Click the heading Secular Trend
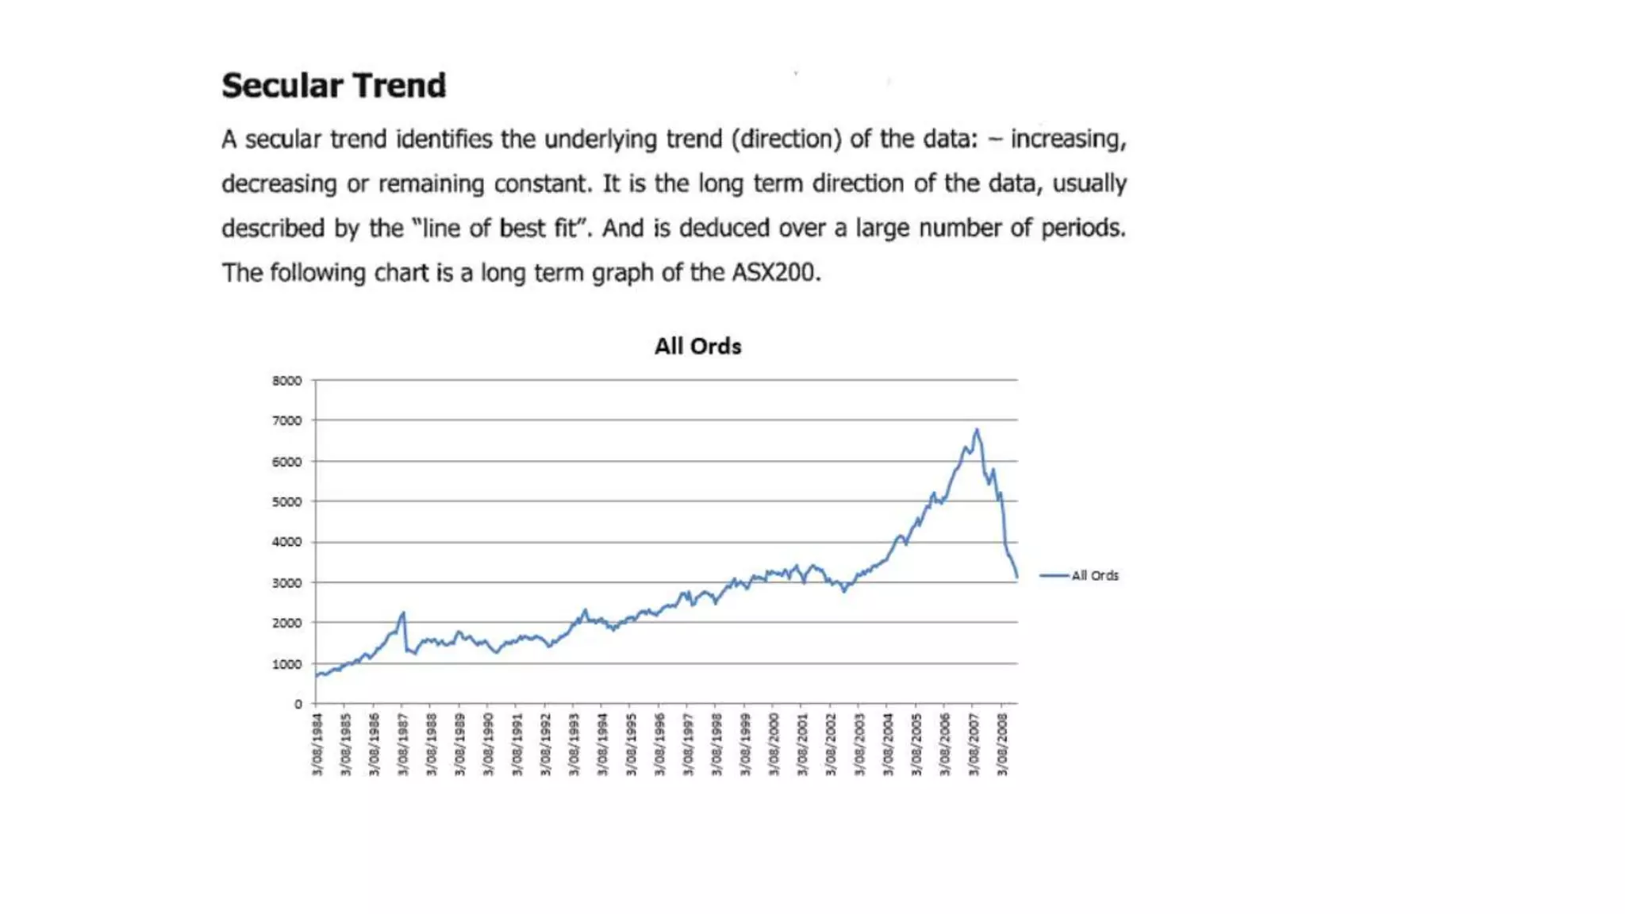pos(333,86)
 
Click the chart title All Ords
pos(697,347)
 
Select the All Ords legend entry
pos(1094,575)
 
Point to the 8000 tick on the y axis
pos(286,381)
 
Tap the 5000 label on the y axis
pos(286,501)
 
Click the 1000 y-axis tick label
pos(286,664)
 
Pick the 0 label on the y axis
pos(298,704)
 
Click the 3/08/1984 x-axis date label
pos(317,744)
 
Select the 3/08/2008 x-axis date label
pos(1003,744)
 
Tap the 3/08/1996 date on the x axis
pos(660,744)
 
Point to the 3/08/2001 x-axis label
pos(803,744)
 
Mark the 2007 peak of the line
pos(977,430)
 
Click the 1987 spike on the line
pos(403,613)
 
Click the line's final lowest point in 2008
pos(1017,577)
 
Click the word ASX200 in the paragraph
pos(774,273)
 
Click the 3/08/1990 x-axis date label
pos(489,744)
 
